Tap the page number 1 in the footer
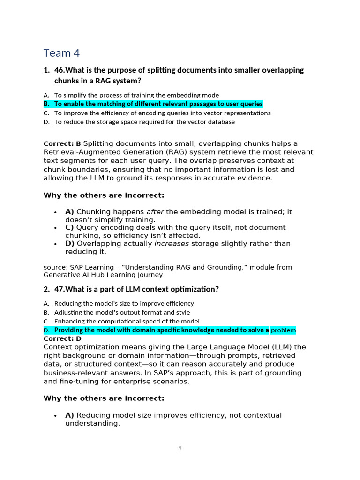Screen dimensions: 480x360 coord(180,448)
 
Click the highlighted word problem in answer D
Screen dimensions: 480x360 coord(284,330)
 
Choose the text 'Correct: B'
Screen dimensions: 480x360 coord(62,143)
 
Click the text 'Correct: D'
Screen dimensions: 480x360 coord(62,338)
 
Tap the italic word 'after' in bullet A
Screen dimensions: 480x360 coord(155,212)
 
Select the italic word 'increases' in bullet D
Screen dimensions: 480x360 coord(172,244)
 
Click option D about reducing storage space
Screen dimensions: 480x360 coord(144,122)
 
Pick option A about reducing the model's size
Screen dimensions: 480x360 coord(124,303)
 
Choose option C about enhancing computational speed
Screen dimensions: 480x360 coord(127,321)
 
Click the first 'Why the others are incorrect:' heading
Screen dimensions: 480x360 coord(104,195)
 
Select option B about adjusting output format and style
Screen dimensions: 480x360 coord(122,312)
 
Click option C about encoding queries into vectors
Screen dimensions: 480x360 coord(162,113)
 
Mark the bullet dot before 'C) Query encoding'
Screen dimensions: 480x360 coord(56,228)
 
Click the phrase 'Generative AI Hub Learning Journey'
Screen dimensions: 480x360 coord(103,275)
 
